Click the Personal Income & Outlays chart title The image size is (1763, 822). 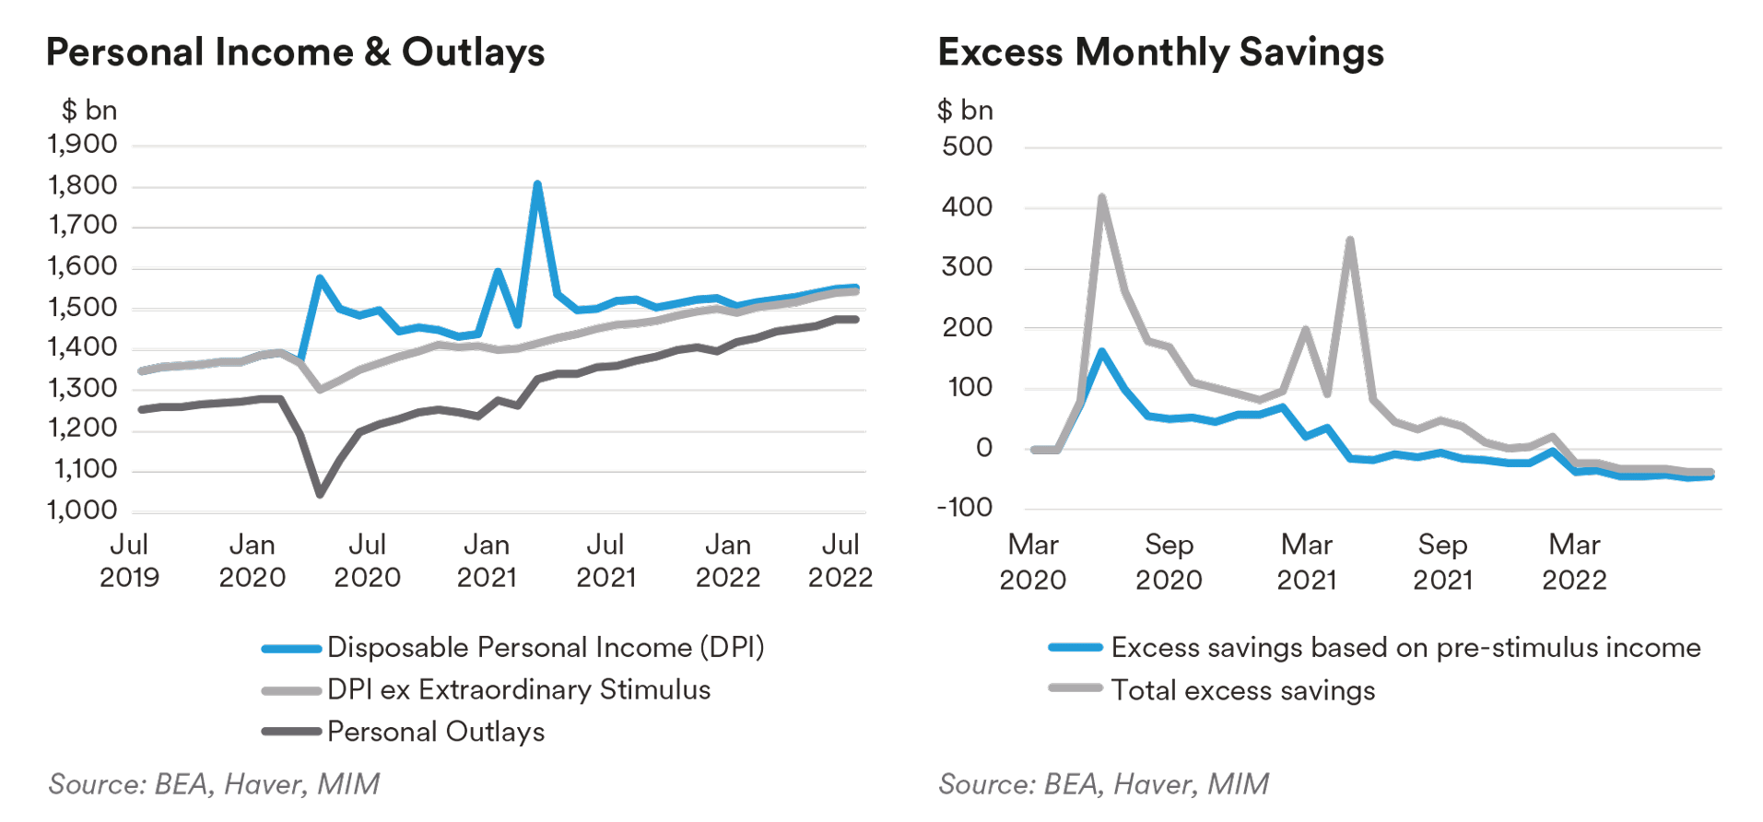[x=295, y=53]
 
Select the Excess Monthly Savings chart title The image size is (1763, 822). [x=1160, y=53]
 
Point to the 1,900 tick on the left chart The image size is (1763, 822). [x=83, y=145]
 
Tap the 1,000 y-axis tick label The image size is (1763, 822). [x=83, y=511]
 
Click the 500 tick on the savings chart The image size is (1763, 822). [x=967, y=147]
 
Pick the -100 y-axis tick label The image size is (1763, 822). [x=964, y=508]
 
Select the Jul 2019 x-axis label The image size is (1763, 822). [x=129, y=560]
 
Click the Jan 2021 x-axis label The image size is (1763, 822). [x=487, y=560]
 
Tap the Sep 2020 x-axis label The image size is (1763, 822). [x=1169, y=561]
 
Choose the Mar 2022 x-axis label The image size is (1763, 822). [x=1574, y=561]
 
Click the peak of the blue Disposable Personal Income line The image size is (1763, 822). [x=537, y=184]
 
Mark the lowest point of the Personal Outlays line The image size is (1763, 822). [x=320, y=494]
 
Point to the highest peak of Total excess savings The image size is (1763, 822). [x=1102, y=197]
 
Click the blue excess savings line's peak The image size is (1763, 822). [x=1102, y=351]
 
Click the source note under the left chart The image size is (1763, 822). [x=214, y=784]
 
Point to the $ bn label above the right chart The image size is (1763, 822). [x=965, y=111]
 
